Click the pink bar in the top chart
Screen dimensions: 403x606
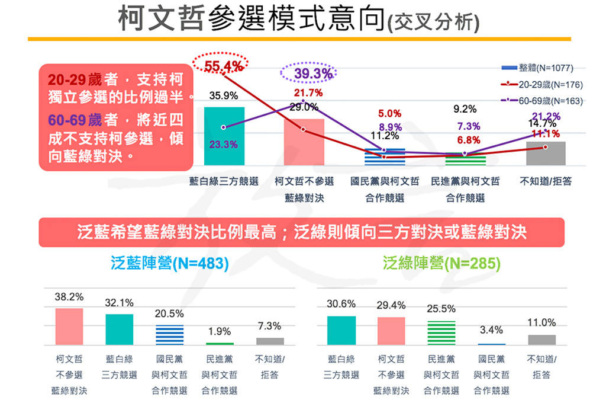point(304,142)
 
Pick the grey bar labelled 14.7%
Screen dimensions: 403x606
point(546,153)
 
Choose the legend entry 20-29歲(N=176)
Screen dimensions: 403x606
point(542,84)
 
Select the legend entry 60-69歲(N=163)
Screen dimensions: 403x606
point(542,101)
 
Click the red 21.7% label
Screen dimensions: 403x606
point(308,93)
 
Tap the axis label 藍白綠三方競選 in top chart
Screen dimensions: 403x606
point(223,181)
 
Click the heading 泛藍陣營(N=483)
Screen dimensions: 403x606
point(169,263)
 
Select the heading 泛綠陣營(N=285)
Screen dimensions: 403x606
point(441,263)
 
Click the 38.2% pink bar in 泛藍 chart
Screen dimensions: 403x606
point(69,326)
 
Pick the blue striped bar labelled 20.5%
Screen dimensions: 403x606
point(169,335)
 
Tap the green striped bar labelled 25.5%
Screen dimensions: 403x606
point(441,332)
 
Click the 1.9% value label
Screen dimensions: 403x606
point(220,331)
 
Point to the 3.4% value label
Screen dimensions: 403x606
point(491,330)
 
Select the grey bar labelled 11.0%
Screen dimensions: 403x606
point(541,340)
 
